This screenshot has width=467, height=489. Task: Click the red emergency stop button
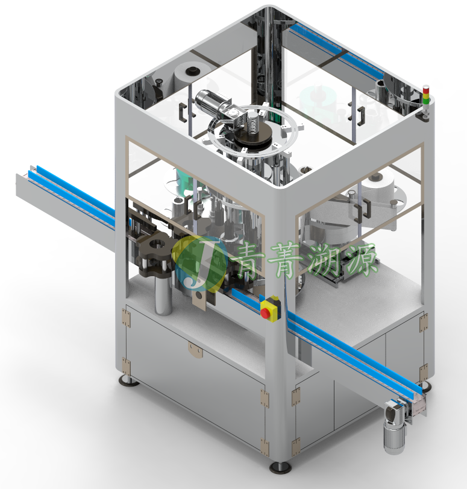tap(265, 313)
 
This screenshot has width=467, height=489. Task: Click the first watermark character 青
tap(249, 260)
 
